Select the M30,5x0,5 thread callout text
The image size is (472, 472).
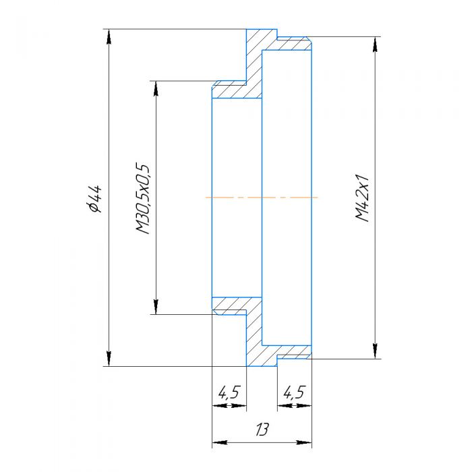coord(142,198)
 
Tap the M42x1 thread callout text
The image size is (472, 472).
coord(362,199)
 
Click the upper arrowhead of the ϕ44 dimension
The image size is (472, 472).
coord(107,36)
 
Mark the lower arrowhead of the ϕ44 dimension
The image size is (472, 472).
coord(107,360)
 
